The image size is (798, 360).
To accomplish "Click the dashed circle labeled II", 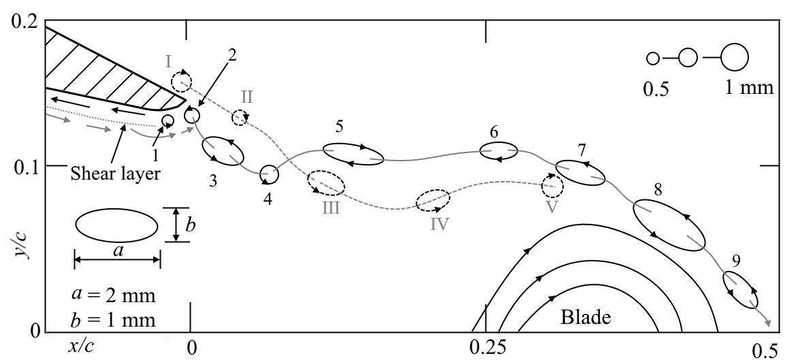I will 240,117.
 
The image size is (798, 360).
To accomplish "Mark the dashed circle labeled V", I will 552,184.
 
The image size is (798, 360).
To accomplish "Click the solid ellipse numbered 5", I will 353,154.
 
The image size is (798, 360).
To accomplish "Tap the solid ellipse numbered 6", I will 499,151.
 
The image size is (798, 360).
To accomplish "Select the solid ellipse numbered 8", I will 669,225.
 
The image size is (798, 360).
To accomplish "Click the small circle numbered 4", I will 269,175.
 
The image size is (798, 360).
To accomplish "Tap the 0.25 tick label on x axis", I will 485,347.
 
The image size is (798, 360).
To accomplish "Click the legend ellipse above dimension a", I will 116,225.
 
